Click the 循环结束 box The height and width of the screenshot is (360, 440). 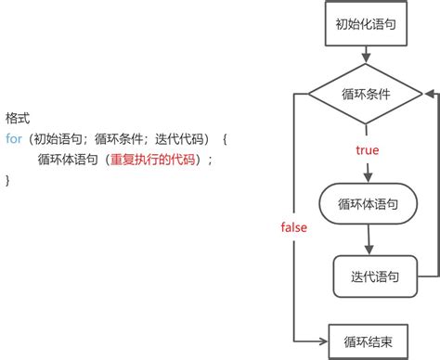click(368, 316)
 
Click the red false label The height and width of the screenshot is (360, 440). click(294, 227)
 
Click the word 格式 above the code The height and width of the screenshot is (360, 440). click(19, 120)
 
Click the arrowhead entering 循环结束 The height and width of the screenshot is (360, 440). click(325, 316)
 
